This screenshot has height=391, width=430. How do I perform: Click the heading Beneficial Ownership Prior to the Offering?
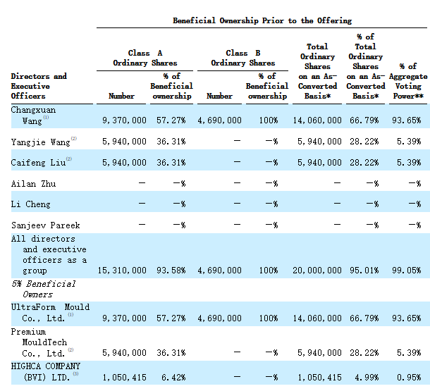click(x=262, y=21)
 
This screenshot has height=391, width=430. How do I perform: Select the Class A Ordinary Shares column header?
click(x=145, y=58)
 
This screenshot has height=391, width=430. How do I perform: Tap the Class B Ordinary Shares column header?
click(x=243, y=58)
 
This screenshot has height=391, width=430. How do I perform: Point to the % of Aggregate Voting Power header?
click(x=408, y=81)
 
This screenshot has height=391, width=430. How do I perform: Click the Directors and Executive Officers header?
click(x=39, y=86)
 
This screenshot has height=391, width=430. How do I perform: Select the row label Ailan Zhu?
click(x=33, y=184)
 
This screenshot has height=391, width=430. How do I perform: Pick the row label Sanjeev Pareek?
click(x=46, y=225)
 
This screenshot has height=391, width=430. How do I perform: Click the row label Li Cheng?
click(x=31, y=204)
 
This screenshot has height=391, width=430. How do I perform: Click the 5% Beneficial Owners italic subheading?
click(x=43, y=289)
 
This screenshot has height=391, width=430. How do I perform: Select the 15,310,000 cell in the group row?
click(x=122, y=271)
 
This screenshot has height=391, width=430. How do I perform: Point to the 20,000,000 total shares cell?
click(x=317, y=271)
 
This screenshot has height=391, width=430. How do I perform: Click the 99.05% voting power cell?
click(x=407, y=271)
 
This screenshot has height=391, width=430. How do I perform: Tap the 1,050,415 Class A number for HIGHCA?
click(x=124, y=378)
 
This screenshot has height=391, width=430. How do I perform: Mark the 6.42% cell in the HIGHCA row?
click(x=173, y=378)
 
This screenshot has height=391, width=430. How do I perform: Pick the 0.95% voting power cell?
click(x=409, y=378)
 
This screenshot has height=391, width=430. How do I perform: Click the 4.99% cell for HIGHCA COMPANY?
click(x=367, y=378)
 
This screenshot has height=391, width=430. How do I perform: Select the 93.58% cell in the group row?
click(x=171, y=271)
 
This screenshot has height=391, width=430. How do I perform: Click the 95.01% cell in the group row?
click(x=364, y=271)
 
